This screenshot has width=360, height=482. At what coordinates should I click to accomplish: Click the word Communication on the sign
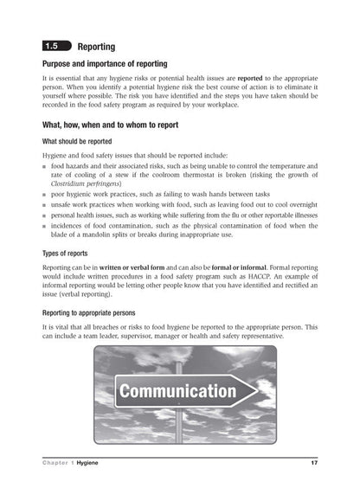177,391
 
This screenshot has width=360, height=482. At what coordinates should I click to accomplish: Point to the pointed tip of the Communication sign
256,391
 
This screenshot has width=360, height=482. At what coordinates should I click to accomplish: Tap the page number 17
314,464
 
